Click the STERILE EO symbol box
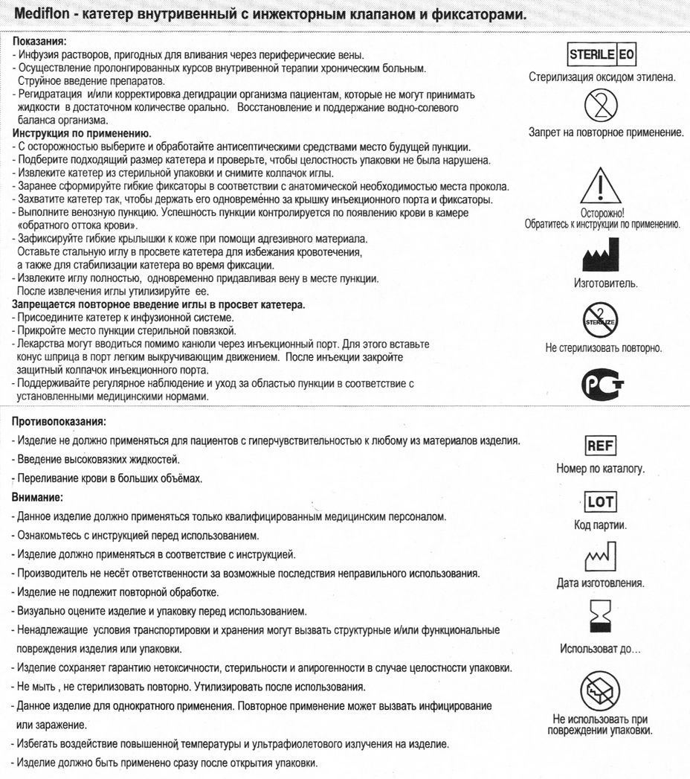602,55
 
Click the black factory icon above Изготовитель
602,255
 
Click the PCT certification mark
602,382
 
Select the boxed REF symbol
601,446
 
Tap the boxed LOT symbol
601,502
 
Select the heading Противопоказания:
59,421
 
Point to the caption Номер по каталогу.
601,469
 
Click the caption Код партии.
600,525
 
